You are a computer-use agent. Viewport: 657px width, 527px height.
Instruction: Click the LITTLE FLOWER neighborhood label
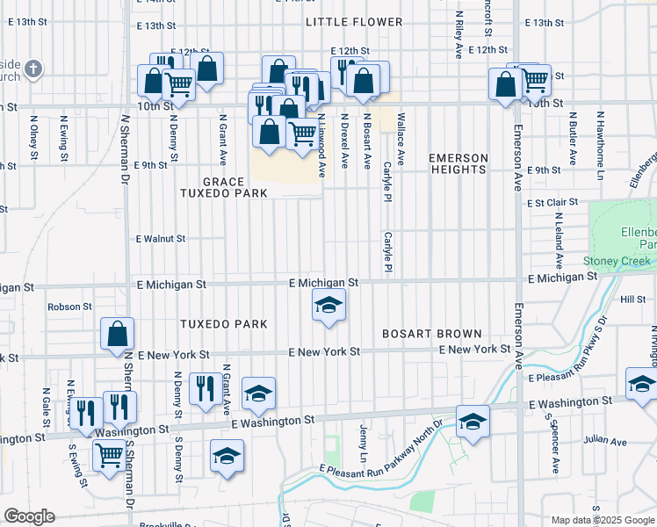tap(354, 22)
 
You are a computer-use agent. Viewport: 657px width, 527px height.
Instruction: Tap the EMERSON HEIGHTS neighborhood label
tap(458, 164)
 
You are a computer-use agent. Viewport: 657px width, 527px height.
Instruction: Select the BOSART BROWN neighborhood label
tap(431, 334)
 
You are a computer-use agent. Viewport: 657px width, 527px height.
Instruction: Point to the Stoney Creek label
tap(617, 261)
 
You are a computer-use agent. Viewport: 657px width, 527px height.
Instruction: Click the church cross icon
tap(32, 69)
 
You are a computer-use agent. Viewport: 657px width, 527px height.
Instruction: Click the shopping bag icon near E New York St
tap(117, 335)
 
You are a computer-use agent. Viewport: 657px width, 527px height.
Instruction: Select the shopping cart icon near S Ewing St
tap(108, 455)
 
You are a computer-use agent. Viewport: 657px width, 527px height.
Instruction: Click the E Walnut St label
tap(161, 238)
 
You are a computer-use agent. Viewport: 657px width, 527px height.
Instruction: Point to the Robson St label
tap(70, 307)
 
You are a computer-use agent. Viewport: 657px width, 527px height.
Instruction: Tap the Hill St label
tap(632, 300)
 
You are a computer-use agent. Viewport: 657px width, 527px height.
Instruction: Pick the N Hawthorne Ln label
tap(600, 135)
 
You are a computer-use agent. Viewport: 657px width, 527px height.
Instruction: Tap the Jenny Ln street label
tap(363, 444)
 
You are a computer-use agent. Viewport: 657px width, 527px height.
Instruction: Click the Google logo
tap(29, 516)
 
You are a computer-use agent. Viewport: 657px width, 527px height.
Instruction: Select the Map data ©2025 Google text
tap(602, 520)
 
